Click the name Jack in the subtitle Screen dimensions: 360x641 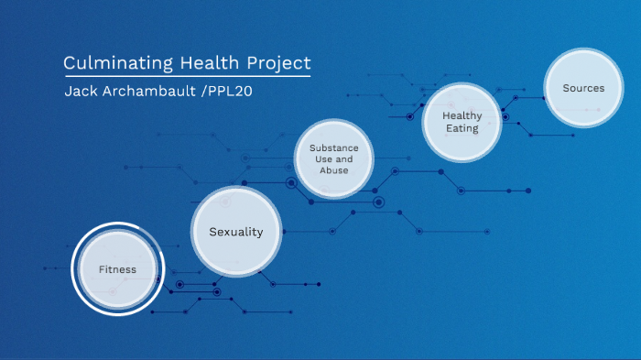pos(80,92)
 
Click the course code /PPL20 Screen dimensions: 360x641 pos(226,92)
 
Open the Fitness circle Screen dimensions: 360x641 pos(117,269)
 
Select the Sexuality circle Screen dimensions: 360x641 pos(235,232)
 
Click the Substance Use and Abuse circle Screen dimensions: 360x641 pos(334,159)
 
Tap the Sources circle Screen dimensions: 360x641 pos(583,89)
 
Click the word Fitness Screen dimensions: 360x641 pos(117,269)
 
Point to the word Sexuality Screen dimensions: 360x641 pos(235,232)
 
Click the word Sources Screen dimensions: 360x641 pos(583,89)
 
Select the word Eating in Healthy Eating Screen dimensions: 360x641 pos(462,129)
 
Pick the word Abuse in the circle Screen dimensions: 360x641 pos(334,170)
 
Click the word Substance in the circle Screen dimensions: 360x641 pos(334,147)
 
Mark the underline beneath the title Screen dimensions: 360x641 pos(187,76)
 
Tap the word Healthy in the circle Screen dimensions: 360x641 pos(462,116)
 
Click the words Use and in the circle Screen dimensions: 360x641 pos(334,159)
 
